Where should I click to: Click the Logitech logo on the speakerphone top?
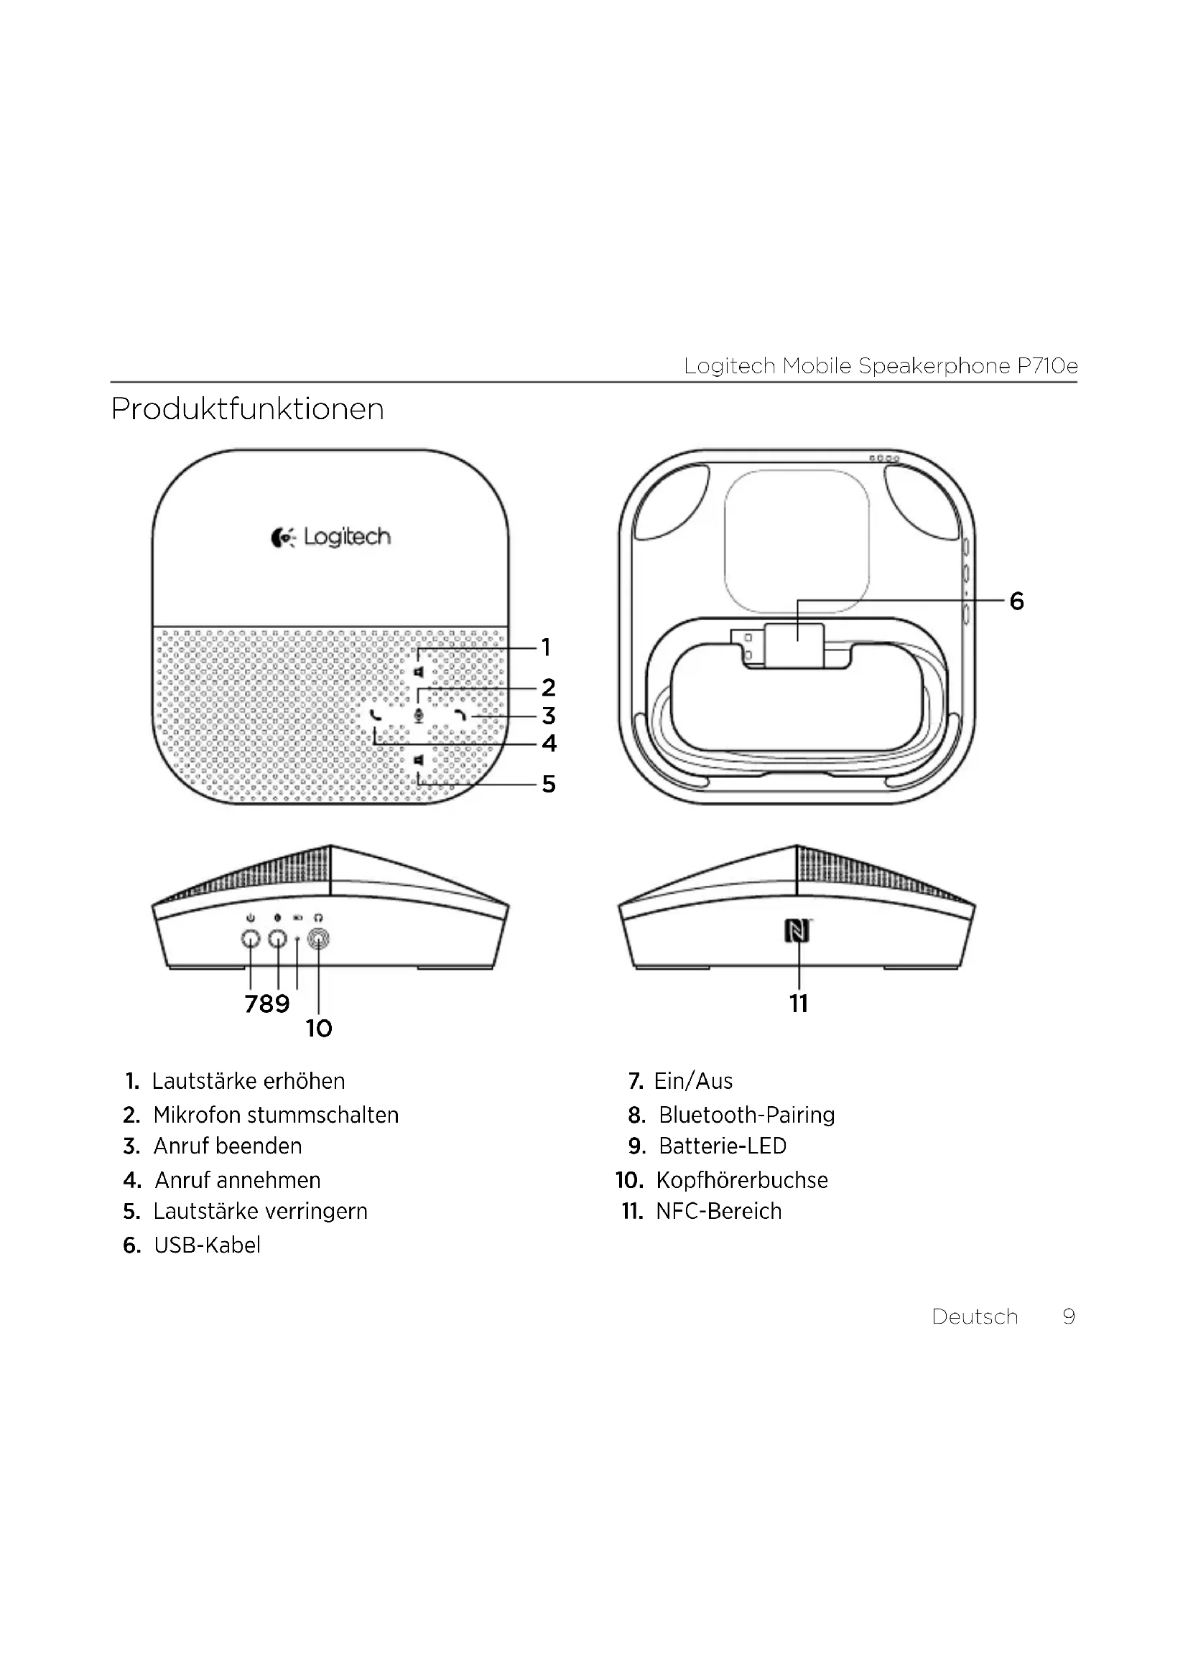(330, 538)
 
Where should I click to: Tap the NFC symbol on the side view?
(797, 931)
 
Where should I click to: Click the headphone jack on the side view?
(319, 938)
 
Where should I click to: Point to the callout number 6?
(1016, 601)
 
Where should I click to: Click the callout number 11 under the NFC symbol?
(799, 1004)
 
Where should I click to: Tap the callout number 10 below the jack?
(319, 1029)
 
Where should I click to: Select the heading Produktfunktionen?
(247, 408)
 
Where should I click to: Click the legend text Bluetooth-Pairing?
(746, 1116)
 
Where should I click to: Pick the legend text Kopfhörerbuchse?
(742, 1180)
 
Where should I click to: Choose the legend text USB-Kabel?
(207, 1245)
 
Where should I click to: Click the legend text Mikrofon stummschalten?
(276, 1116)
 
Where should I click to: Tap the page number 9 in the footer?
(1069, 1317)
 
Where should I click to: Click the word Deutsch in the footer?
(975, 1317)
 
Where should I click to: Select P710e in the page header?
(1047, 365)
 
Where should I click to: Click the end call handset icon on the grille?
(461, 715)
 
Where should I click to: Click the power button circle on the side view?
(251, 938)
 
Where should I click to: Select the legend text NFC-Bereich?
(718, 1212)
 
